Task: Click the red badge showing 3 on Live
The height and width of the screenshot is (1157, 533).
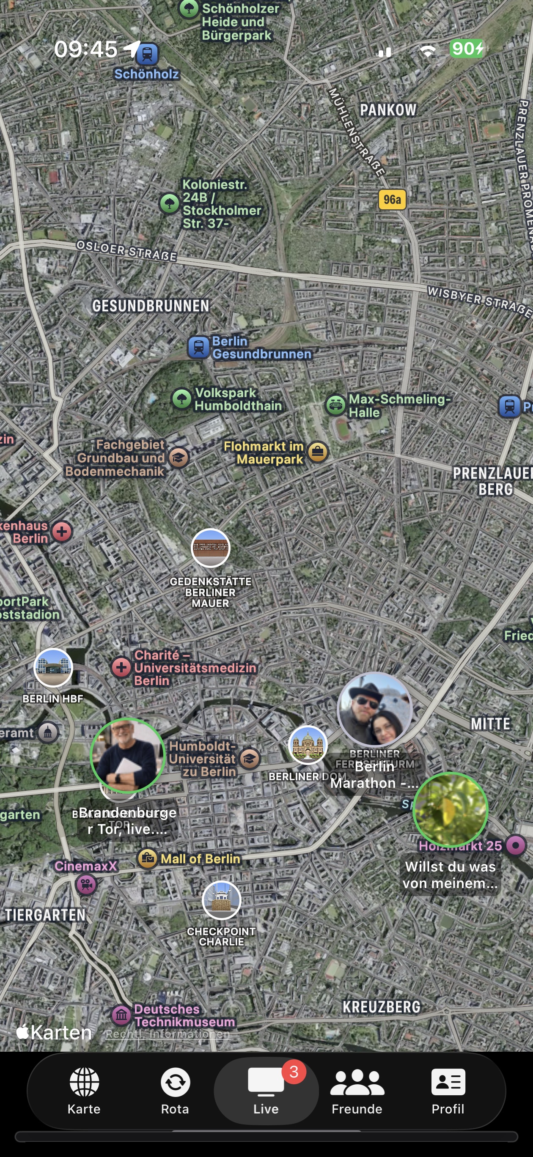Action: click(294, 1072)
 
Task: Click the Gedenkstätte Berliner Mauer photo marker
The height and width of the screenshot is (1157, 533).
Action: click(210, 548)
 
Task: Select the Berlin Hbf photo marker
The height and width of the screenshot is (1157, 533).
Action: click(53, 667)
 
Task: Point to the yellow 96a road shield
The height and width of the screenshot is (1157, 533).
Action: click(392, 200)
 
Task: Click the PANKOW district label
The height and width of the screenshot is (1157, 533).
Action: click(388, 110)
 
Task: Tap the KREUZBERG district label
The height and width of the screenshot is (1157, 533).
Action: click(382, 1006)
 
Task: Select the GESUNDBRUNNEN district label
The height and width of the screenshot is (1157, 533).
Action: click(151, 306)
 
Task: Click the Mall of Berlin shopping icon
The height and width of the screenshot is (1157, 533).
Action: click(147, 858)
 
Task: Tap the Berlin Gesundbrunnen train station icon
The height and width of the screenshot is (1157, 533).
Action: click(199, 347)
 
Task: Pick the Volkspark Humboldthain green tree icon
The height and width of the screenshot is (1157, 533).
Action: click(182, 399)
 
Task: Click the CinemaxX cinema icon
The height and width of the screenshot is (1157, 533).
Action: click(86, 884)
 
